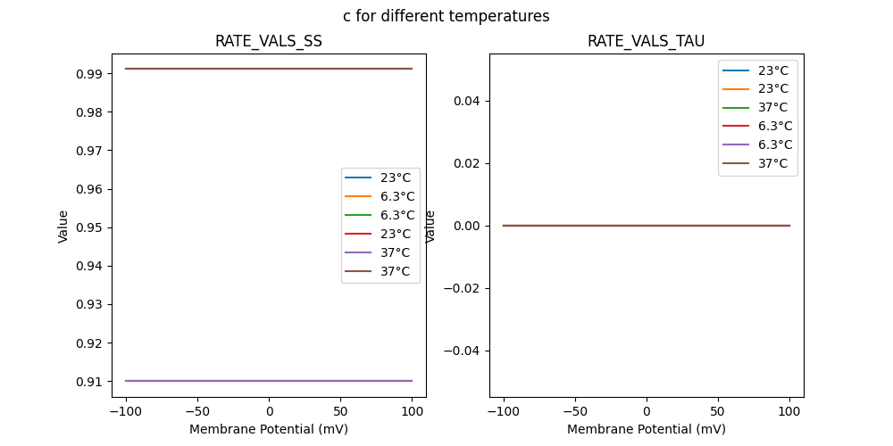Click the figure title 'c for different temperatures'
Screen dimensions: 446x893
446,16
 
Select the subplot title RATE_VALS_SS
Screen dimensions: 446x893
269,41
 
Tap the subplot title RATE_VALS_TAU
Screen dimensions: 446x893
646,41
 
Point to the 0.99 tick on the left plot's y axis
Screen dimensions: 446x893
89,73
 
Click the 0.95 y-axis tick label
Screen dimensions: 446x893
89,227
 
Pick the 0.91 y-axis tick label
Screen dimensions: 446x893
89,382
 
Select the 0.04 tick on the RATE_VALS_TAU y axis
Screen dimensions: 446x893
467,101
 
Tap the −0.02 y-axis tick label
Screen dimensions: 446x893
463,288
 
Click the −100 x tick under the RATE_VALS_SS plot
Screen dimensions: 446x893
126,411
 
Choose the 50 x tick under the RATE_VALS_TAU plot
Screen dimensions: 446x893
718,411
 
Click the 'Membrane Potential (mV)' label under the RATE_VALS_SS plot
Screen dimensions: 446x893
269,429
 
